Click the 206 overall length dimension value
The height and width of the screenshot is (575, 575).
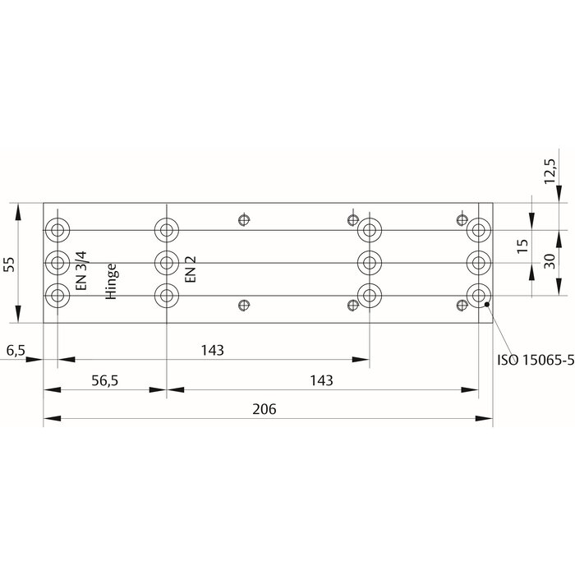[264, 408]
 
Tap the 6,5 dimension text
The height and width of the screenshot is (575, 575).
[15, 351]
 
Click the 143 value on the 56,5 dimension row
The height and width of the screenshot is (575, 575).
[322, 380]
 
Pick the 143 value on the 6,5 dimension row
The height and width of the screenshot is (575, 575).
[212, 351]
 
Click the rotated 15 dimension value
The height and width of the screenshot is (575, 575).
[522, 246]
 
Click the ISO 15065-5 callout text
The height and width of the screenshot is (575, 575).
[535, 359]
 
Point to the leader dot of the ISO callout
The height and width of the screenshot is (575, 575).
[488, 305]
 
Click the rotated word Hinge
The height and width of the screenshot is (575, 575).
[112, 283]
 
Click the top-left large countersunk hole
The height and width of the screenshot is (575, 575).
[58, 228]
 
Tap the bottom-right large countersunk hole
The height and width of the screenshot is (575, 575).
[478, 295]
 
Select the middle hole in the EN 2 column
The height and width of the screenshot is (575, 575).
[167, 262]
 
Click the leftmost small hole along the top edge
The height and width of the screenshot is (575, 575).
[242, 219]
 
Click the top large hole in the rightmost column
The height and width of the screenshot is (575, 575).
[478, 228]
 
